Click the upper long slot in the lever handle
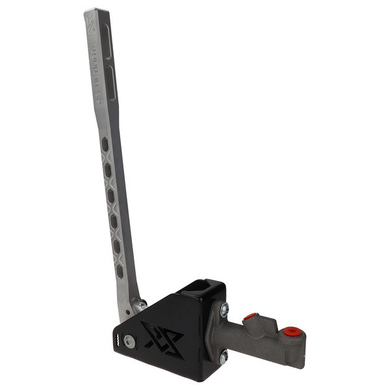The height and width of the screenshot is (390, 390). pos(108,42)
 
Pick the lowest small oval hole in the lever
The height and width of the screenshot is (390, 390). pos(120,270)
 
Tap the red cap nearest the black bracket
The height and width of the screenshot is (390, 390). pos(250,317)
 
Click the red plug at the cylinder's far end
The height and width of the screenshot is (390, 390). pos(292,331)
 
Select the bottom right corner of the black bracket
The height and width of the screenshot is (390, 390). pos(207,379)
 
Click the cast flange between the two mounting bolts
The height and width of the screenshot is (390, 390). pos(218,333)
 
